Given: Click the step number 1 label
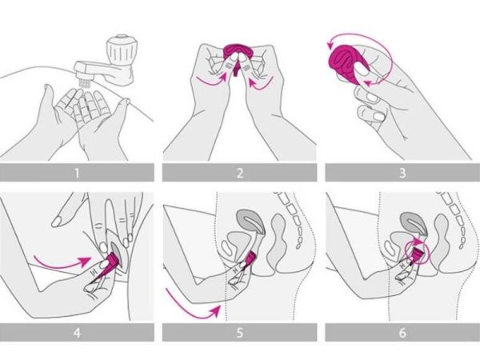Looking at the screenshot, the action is click(x=77, y=174).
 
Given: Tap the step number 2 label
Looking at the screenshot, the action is click(x=240, y=174).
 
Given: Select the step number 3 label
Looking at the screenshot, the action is click(x=402, y=174).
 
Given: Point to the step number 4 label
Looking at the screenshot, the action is click(x=77, y=333).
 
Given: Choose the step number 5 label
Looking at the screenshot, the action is click(x=240, y=333).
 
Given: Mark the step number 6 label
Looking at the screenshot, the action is click(x=402, y=333).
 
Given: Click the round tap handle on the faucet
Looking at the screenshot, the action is click(x=120, y=50).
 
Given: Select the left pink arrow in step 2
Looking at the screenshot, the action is click(x=211, y=80).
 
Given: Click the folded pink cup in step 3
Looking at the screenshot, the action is click(x=349, y=64).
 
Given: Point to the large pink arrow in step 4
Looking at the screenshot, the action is click(x=62, y=262).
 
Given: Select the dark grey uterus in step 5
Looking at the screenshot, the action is click(x=250, y=221).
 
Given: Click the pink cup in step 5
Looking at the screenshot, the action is click(x=250, y=258).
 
